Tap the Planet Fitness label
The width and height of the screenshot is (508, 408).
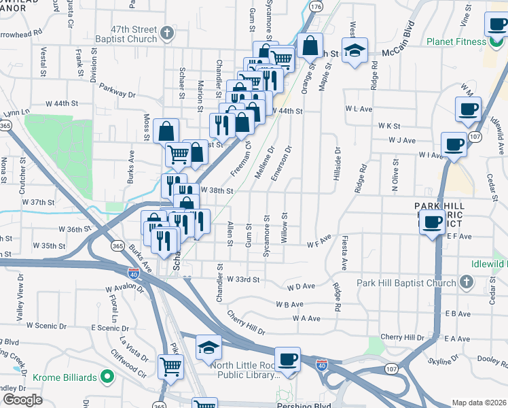tap(456, 41)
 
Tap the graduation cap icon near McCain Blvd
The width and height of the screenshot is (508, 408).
tap(354, 50)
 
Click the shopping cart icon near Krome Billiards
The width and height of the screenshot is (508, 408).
tap(170, 367)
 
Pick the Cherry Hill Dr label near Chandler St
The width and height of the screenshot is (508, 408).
tap(246, 324)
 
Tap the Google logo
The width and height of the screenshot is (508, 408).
tap(22, 401)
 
